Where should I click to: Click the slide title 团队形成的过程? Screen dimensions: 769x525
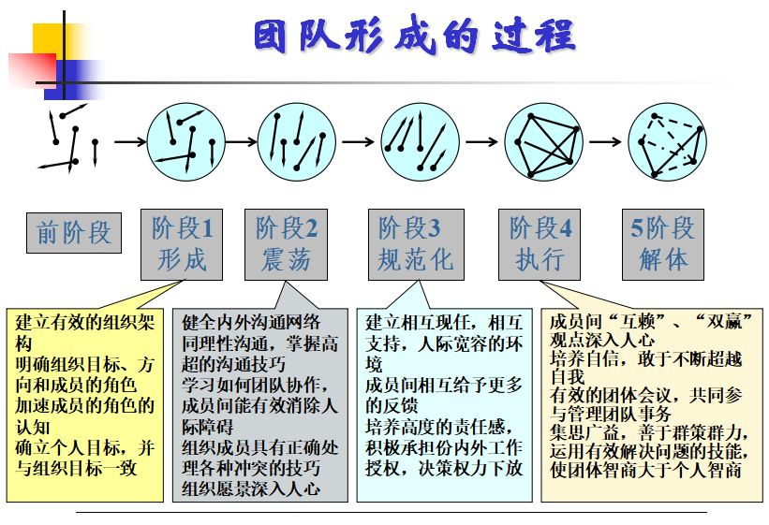(414, 36)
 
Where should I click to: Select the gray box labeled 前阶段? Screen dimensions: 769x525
(74, 233)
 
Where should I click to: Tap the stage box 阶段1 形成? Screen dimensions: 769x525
(182, 244)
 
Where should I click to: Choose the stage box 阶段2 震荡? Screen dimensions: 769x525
(286, 244)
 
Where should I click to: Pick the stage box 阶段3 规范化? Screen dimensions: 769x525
(416, 244)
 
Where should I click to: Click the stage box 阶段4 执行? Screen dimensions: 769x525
(540, 244)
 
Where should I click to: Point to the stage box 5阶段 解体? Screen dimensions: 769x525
(663, 244)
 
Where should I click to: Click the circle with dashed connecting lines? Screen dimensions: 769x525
(668, 142)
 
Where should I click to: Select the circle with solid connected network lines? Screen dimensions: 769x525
(544, 142)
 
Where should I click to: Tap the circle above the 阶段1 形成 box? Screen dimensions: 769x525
(186, 142)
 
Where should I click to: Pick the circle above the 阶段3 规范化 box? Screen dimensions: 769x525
(421, 142)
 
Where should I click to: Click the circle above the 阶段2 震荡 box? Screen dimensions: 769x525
(297, 142)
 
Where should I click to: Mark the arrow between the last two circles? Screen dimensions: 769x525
(605, 142)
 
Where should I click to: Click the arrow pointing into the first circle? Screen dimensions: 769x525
(130, 142)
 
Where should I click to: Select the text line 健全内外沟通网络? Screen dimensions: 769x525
(251, 323)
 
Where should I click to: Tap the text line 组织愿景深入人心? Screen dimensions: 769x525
(251, 489)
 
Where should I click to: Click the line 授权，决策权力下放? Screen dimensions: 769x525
(444, 468)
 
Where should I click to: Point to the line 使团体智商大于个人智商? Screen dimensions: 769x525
(645, 470)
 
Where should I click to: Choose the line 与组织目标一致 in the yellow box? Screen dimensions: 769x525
(76, 468)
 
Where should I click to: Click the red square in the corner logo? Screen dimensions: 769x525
(33, 70)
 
